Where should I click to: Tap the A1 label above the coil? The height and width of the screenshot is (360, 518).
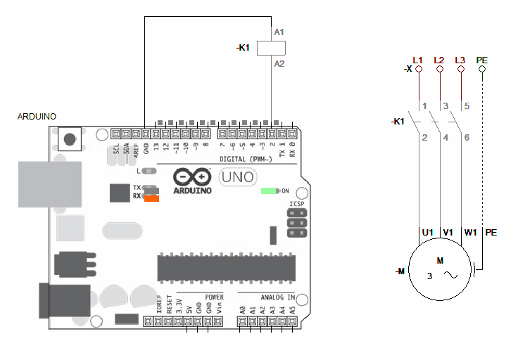(279, 32)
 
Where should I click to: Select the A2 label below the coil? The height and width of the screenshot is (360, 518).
(279, 63)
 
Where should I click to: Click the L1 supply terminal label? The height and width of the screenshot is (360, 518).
(418, 60)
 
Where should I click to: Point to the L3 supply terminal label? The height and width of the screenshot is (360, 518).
(460, 60)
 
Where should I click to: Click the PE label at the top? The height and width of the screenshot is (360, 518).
(482, 60)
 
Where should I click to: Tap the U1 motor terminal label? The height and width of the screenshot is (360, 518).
(427, 232)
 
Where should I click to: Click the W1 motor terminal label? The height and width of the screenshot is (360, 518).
(470, 232)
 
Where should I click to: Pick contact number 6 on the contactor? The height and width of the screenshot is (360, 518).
(467, 138)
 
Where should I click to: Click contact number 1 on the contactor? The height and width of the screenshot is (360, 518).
(424, 106)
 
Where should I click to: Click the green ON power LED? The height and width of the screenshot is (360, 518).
(270, 191)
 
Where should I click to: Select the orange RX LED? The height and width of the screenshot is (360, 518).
(151, 198)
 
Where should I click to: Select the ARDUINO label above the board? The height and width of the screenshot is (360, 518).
(37, 117)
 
